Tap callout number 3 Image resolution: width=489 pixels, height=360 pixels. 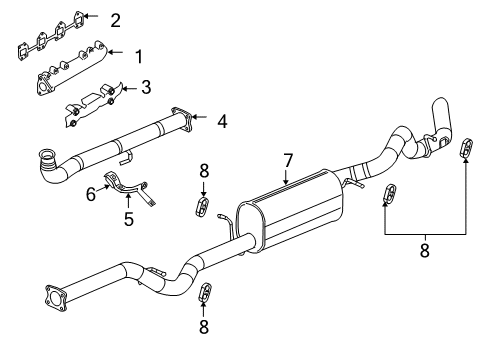point(145,87)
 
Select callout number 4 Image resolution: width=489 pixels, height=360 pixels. point(223,121)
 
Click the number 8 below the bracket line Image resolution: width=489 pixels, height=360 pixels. point(424,251)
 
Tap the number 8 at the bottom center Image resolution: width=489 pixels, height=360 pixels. point(205,326)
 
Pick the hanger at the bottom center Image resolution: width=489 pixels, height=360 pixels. point(206,293)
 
